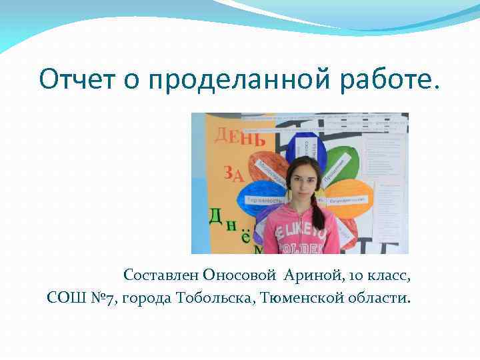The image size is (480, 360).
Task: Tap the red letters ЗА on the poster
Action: click(233, 175)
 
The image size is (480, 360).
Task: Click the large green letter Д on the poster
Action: click(215, 216)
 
